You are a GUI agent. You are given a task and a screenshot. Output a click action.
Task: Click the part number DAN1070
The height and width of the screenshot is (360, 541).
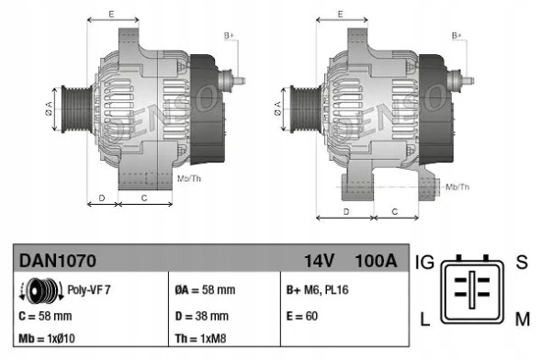(58, 261)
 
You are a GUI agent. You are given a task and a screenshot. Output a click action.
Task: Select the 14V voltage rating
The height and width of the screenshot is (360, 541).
(321, 261)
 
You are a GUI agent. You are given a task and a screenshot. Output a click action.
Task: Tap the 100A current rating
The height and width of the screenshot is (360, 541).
(375, 261)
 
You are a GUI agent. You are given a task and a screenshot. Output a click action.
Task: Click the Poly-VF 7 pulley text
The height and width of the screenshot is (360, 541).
(89, 290)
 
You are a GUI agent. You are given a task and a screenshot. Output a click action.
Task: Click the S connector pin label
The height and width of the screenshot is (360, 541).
(522, 263)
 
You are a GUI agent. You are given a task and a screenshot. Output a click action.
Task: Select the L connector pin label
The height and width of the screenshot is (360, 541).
(425, 319)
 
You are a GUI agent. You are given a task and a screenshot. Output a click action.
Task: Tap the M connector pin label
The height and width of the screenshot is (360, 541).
(522, 319)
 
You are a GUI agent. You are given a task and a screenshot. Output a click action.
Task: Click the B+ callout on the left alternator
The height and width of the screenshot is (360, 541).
(228, 36)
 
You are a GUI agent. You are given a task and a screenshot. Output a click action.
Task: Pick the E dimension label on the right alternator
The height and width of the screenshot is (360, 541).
(341, 14)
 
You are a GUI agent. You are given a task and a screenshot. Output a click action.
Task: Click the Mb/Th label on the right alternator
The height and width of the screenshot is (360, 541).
(457, 186)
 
